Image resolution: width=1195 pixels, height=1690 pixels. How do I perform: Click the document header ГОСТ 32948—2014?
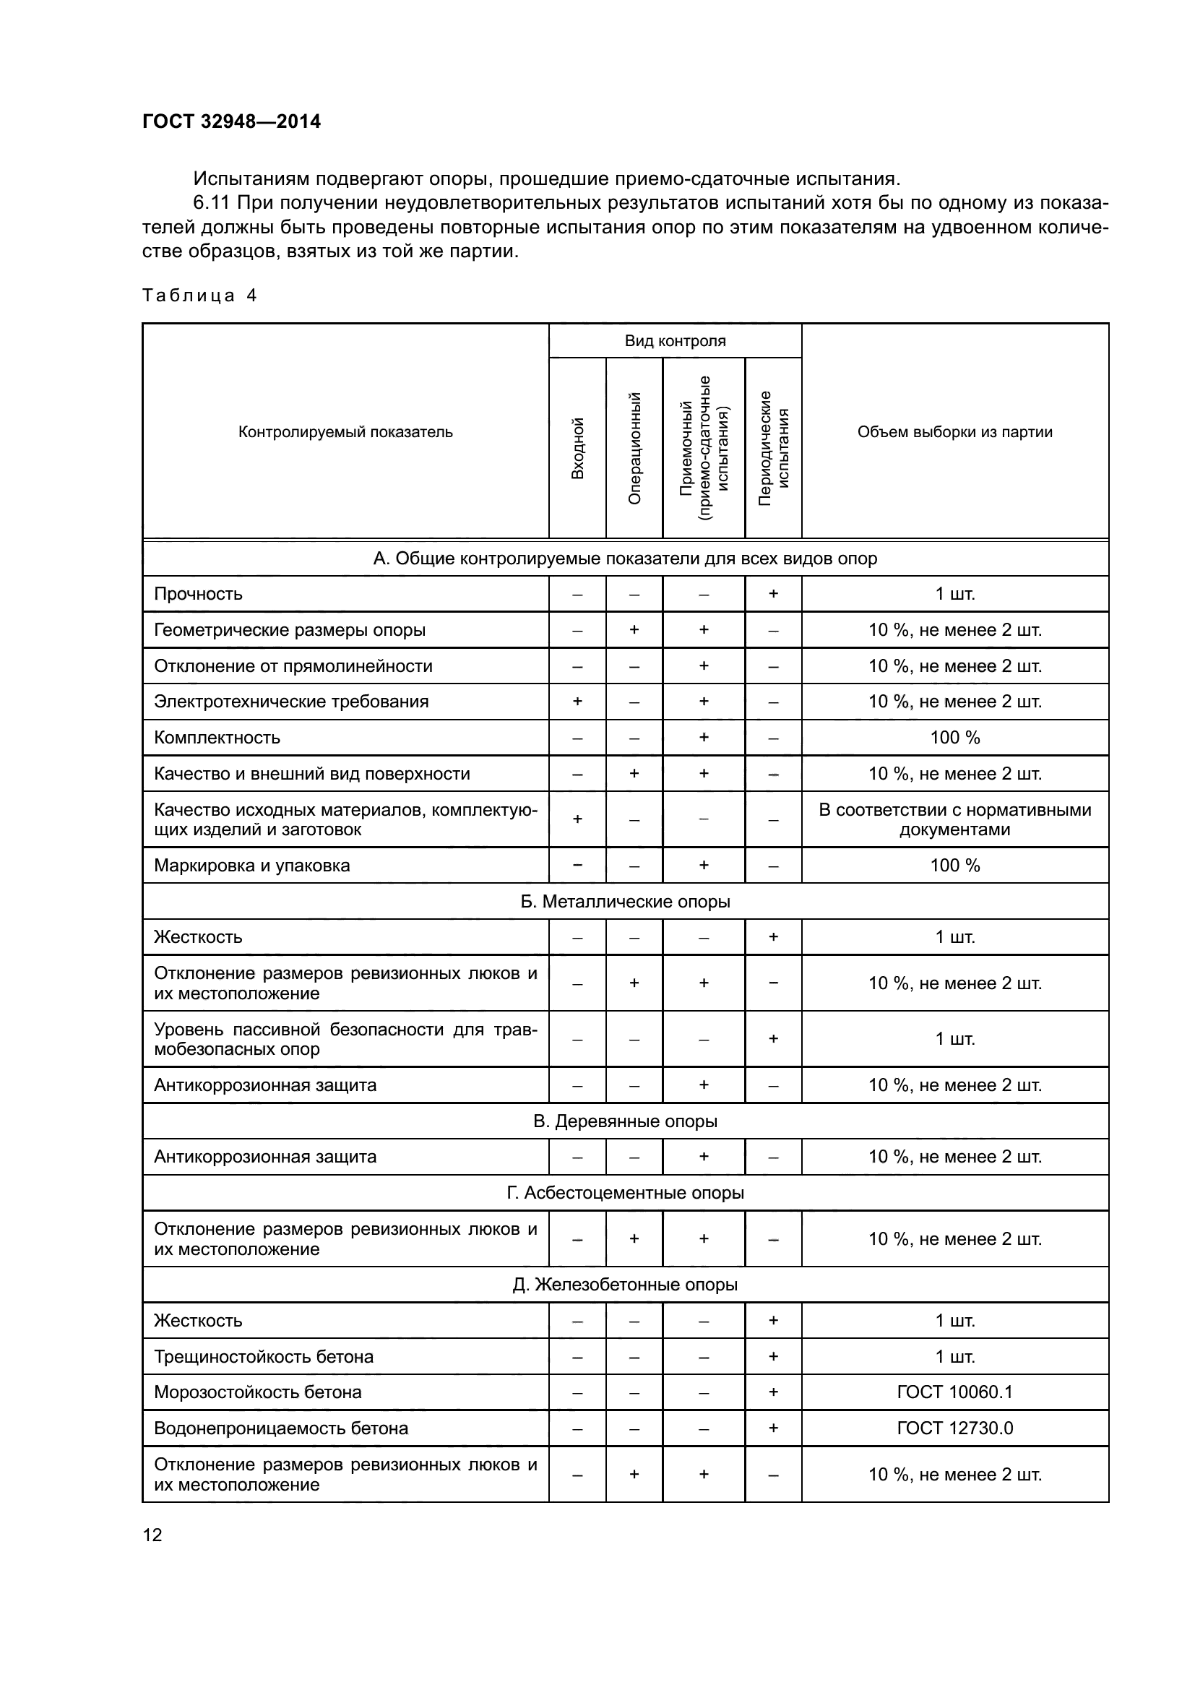coord(231,121)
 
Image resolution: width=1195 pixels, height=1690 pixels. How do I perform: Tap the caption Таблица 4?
coord(199,296)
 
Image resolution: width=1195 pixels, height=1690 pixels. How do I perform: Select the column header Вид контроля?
coord(675,341)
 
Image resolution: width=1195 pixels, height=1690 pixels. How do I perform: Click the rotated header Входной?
coord(578,447)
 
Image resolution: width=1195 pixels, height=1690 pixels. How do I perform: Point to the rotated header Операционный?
coord(634,447)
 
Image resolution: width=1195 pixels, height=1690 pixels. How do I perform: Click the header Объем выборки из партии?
coord(954,432)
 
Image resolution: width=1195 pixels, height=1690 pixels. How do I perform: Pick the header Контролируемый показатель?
coord(345,432)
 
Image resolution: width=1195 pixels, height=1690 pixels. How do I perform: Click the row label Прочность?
coord(198,593)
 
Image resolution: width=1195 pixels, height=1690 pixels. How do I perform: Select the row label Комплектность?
coord(217,737)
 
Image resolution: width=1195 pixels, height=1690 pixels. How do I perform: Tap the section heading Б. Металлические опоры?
coord(625,901)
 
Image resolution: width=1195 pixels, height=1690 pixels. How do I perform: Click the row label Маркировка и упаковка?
coord(251,865)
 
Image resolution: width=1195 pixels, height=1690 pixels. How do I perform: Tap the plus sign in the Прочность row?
coord(773,593)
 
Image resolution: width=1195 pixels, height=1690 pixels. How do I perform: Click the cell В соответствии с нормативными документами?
coord(954,819)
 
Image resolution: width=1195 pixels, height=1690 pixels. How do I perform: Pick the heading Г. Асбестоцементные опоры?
coord(625,1192)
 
